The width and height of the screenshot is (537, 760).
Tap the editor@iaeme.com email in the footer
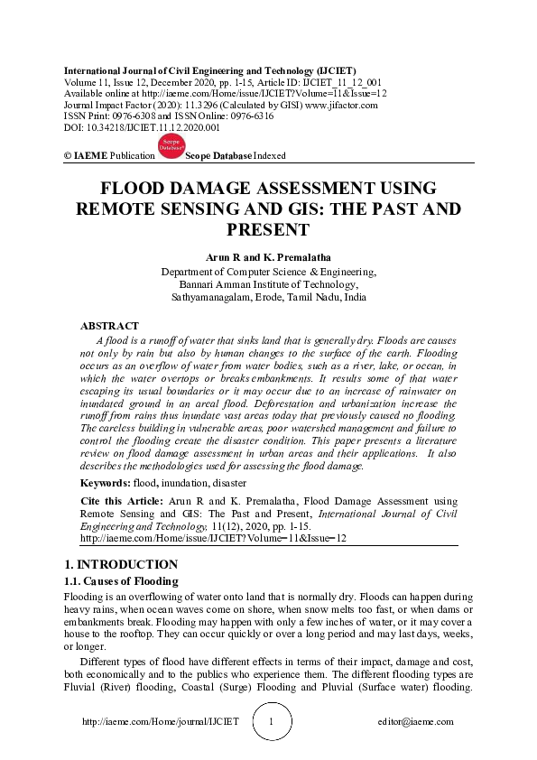click(x=416, y=722)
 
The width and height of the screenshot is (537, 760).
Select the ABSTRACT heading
click(x=110, y=325)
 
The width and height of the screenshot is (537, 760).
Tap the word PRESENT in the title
click(x=268, y=230)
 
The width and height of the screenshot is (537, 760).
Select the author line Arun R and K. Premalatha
click(x=268, y=258)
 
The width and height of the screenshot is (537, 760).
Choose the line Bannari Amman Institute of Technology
click(x=268, y=284)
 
